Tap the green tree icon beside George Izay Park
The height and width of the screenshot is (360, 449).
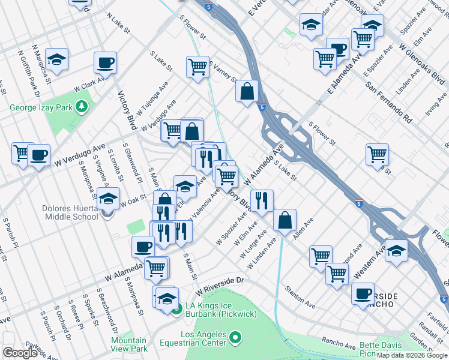(82, 107)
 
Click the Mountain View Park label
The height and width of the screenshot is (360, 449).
(128, 344)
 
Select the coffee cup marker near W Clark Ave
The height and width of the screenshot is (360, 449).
(105, 62)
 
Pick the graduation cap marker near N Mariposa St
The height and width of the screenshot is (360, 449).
(56, 59)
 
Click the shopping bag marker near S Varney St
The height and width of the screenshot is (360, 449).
(247, 92)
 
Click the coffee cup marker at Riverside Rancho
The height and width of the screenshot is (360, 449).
(363, 293)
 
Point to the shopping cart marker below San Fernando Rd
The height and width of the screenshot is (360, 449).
(377, 154)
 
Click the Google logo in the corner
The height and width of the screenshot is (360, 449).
(20, 353)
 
